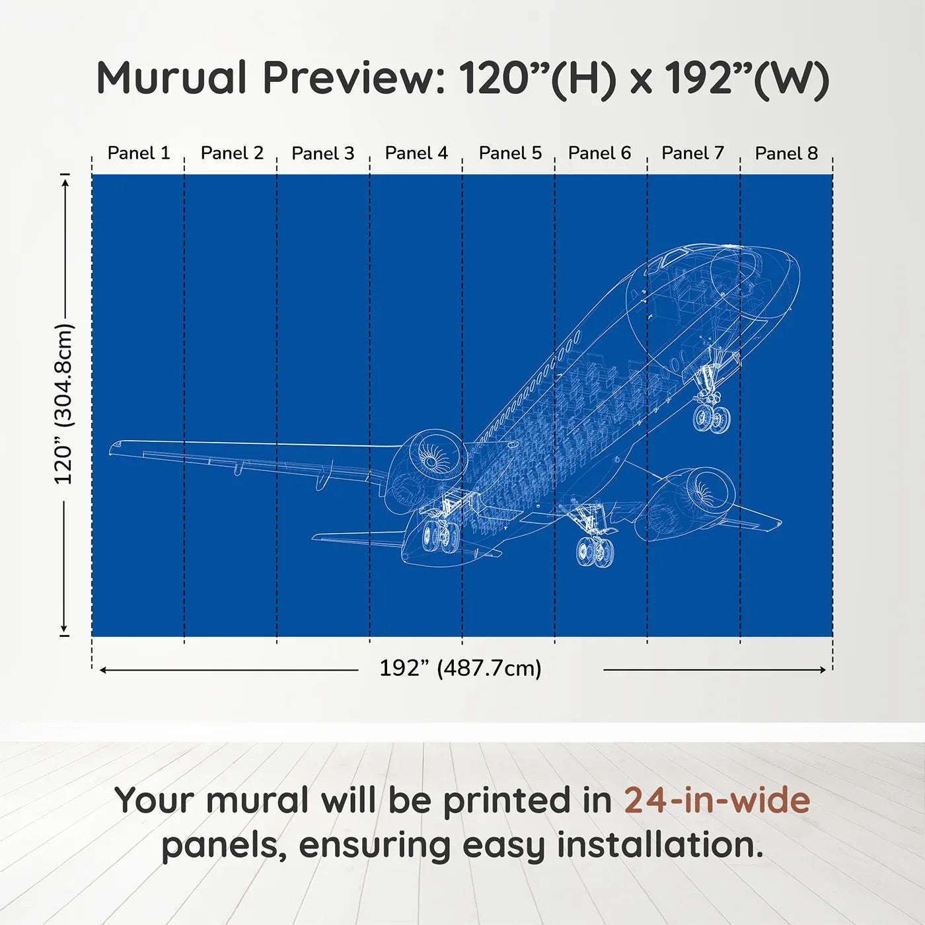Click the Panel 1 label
click(139, 153)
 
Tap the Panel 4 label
click(416, 153)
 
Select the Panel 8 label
click(786, 153)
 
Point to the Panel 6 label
click(599, 153)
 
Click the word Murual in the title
click(171, 77)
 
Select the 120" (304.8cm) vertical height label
click(63, 404)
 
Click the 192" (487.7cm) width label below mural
click(461, 668)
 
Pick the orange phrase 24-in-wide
click(717, 799)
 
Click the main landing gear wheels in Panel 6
click(595, 551)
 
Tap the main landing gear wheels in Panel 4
click(439, 536)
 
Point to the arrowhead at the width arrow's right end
click(823, 669)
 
